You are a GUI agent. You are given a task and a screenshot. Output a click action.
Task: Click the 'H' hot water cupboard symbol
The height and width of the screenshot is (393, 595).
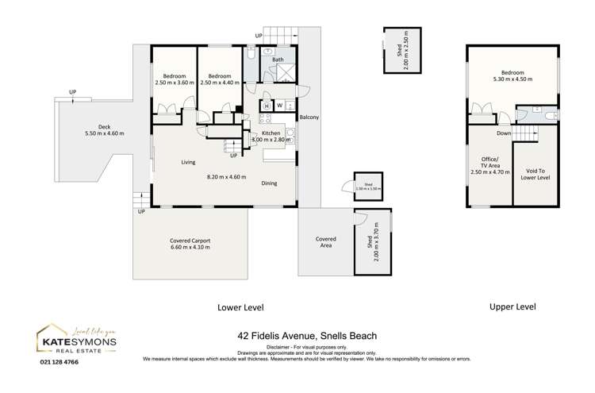[267, 106]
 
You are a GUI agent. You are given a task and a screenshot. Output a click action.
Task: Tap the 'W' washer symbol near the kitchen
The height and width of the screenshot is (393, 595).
[280, 106]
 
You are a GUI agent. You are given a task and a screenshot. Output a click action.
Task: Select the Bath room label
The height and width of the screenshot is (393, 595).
[278, 60]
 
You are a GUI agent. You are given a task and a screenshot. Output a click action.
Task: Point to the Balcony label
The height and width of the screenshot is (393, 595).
[309, 118]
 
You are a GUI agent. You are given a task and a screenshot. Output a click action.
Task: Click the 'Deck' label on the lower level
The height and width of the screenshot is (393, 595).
[104, 126]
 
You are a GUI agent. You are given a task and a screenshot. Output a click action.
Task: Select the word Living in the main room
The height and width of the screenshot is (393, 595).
[188, 162]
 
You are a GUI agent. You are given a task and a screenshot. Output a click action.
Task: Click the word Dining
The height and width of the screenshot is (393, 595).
[269, 183]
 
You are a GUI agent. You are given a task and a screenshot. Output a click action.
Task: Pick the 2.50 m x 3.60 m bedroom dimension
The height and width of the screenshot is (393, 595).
[174, 82]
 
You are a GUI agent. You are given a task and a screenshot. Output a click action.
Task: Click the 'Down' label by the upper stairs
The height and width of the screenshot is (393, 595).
[504, 122]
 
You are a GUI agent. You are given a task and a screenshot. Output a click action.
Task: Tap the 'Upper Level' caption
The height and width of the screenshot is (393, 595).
[512, 306]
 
